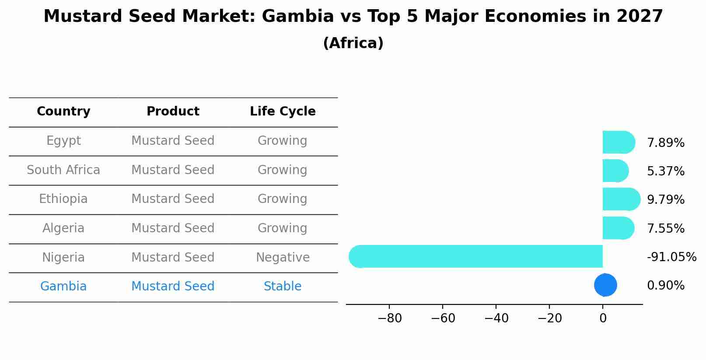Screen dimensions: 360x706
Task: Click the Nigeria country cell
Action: pos(63,257)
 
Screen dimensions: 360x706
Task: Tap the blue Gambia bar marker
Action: pos(605,285)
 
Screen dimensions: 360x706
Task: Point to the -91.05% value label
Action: pos(671,257)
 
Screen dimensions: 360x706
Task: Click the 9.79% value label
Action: pos(665,200)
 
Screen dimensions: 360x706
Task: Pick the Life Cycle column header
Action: pos(283,112)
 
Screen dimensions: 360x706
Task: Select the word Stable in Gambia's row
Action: pos(283,287)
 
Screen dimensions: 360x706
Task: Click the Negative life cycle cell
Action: pos(283,257)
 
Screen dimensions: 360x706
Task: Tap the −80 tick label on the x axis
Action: pos(389,318)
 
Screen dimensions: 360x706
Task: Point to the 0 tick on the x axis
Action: pos(603,318)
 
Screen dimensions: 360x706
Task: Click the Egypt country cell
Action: pos(63,141)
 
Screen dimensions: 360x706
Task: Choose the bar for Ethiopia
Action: pos(620,199)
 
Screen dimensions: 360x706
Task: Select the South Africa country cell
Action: pos(63,170)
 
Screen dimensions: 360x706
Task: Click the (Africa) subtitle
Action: pos(353,43)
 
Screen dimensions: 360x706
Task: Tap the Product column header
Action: pos(173,112)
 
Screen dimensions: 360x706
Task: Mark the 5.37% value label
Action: pos(665,171)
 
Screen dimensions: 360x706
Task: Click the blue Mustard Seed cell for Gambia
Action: pos(173,287)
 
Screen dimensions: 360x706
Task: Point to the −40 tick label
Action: pos(496,318)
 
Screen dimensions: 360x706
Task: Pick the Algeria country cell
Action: pos(63,228)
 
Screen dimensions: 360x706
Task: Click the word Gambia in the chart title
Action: pos(297,17)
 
